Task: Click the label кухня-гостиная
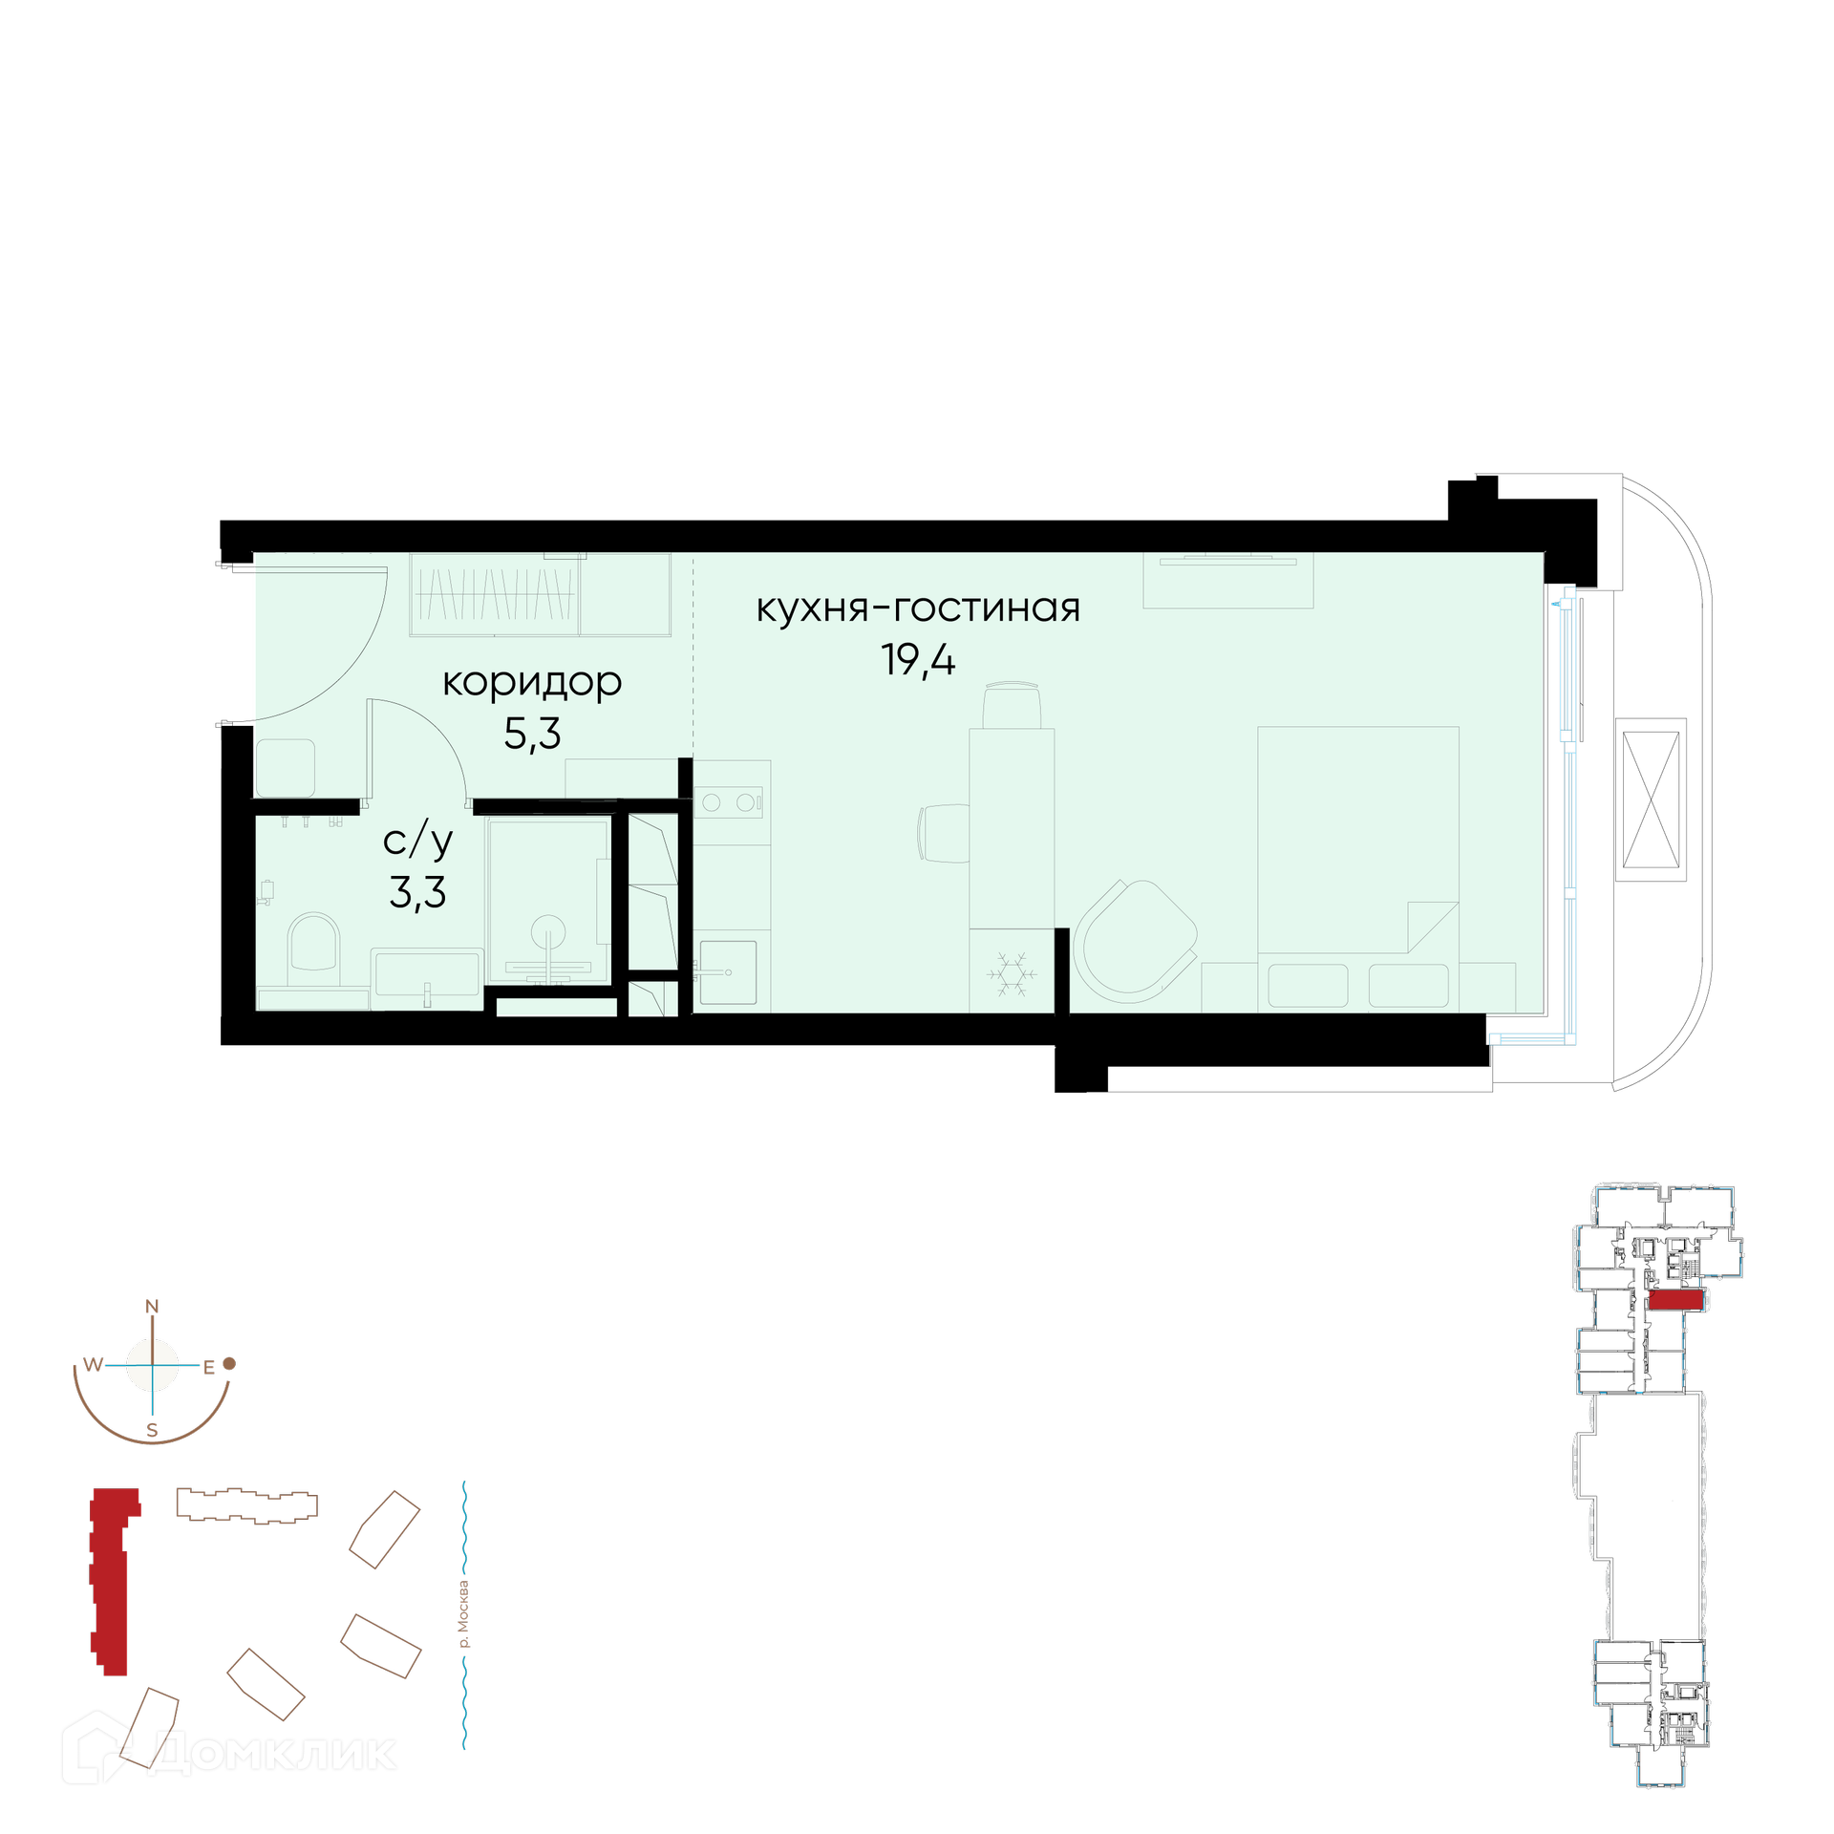click(x=917, y=608)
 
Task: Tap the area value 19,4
click(x=917, y=660)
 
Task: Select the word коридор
click(x=532, y=683)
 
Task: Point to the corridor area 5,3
click(x=532, y=733)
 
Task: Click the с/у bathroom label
click(x=417, y=841)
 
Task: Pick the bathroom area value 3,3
click(x=417, y=892)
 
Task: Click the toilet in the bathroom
click(x=313, y=949)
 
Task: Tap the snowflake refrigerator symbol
click(x=1011, y=974)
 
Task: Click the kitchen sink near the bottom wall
click(x=728, y=972)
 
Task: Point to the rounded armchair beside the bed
click(x=1135, y=941)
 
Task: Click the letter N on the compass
click(x=152, y=1307)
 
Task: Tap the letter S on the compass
click(x=152, y=1431)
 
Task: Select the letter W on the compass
click(x=93, y=1365)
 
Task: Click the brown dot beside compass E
click(x=229, y=1364)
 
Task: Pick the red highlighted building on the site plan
click(x=111, y=1581)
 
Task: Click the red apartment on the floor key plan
click(x=1676, y=1300)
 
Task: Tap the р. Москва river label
click(x=464, y=1614)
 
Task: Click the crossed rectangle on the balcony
click(x=1652, y=800)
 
